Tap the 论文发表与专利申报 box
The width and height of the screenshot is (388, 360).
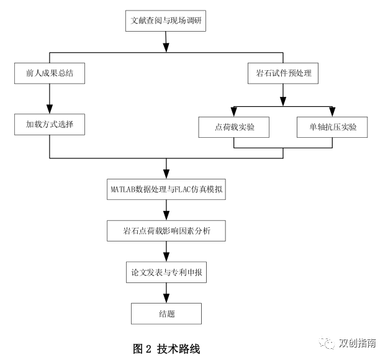click(x=166, y=272)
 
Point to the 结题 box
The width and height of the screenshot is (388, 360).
click(x=166, y=313)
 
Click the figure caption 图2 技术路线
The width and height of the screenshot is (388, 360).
click(x=166, y=348)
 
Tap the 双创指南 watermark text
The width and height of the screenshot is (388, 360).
click(x=357, y=343)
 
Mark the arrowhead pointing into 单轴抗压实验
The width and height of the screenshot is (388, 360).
click(x=332, y=112)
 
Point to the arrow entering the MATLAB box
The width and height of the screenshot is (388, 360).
click(x=166, y=169)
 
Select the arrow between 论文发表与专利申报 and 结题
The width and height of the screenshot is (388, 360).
click(x=166, y=293)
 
